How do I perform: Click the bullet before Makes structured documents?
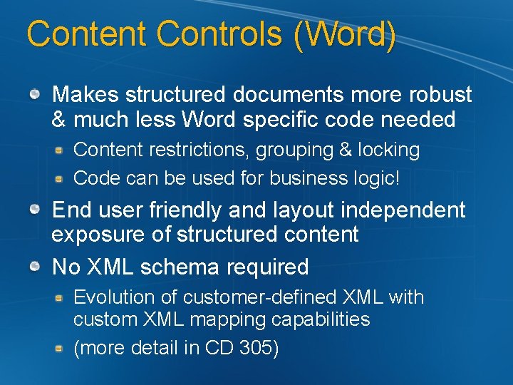(x=35, y=93)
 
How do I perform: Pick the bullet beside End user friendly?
(x=35, y=210)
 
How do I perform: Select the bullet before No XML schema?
(x=35, y=267)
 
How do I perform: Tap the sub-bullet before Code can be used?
(x=61, y=178)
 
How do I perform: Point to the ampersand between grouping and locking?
(x=345, y=150)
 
